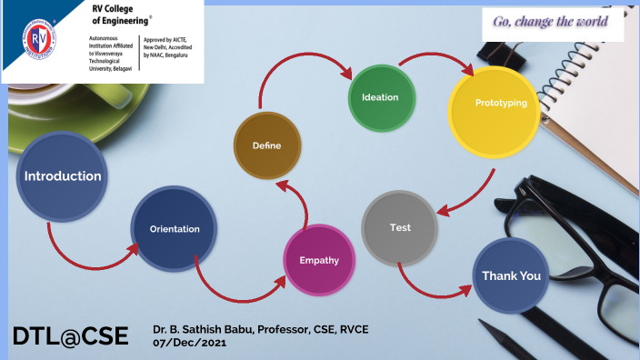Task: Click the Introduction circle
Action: pyautogui.click(x=62, y=176)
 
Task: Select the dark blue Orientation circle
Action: pyautogui.click(x=175, y=229)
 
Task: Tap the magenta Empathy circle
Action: pyautogui.click(x=319, y=260)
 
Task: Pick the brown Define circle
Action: pyautogui.click(x=266, y=145)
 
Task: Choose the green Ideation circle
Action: pyautogui.click(x=381, y=97)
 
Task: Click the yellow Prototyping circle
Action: pyautogui.click(x=501, y=104)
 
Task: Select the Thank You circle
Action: pyautogui.click(x=511, y=275)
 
